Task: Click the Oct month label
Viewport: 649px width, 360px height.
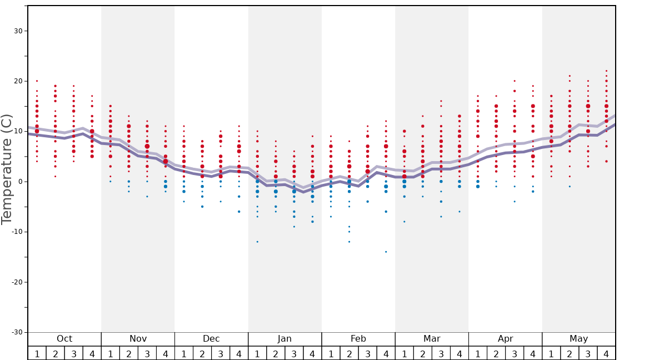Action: click(64, 339)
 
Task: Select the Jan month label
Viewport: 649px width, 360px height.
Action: click(284, 339)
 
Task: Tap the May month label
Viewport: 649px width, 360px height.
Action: click(578, 339)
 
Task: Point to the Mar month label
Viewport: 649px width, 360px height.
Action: click(432, 339)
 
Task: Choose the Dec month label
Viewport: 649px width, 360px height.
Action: click(211, 339)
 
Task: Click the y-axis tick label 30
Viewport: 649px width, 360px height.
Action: click(18, 31)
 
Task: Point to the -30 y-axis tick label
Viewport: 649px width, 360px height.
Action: click(16, 332)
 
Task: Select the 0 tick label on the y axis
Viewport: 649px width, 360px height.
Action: click(20, 182)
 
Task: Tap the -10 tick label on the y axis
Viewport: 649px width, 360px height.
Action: click(16, 232)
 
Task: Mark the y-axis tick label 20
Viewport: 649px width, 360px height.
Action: click(18, 81)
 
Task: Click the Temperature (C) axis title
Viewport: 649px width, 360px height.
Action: click(7, 169)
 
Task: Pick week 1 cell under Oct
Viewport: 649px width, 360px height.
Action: click(37, 353)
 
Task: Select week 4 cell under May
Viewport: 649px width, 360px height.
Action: click(606, 353)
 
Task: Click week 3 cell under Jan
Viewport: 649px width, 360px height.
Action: click(294, 353)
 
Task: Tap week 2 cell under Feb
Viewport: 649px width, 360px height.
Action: click(349, 353)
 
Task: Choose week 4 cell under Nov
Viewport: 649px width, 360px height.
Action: click(166, 353)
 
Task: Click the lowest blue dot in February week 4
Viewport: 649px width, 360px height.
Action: click(386, 252)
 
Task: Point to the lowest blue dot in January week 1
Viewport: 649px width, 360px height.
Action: click(257, 242)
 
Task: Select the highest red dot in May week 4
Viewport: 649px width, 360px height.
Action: click(606, 71)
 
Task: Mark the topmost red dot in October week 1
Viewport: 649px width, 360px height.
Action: click(37, 81)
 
